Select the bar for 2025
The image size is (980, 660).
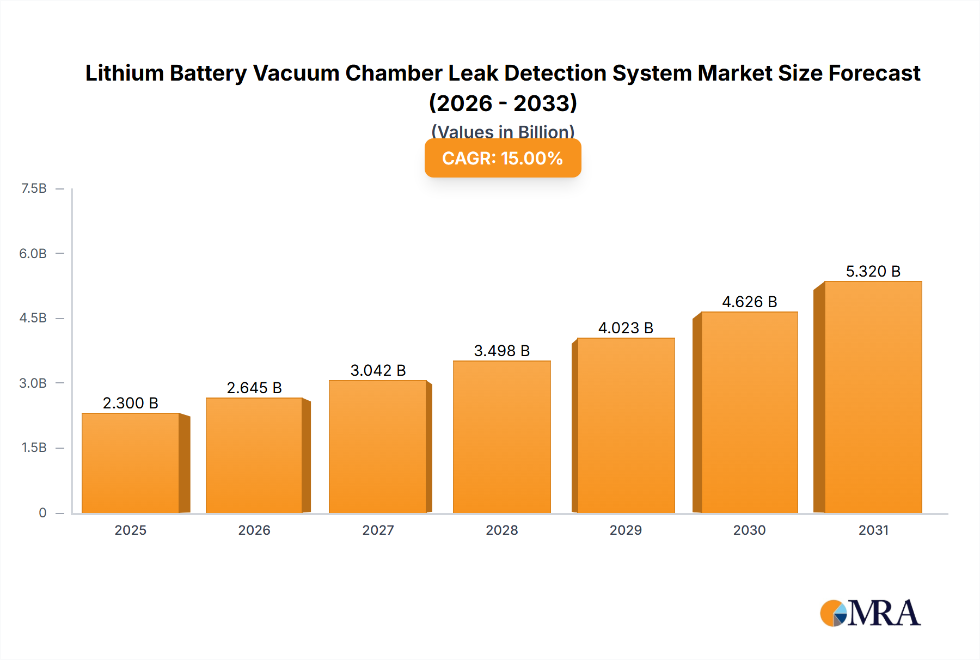point(131,463)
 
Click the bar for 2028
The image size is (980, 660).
point(502,437)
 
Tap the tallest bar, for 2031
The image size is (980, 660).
point(873,398)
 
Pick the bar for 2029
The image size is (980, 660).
point(626,425)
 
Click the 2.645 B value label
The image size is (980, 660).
point(254,388)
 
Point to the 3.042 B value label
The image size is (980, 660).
point(378,370)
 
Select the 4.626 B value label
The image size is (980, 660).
point(749,302)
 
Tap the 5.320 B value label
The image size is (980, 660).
point(873,271)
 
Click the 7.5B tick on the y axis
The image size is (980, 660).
point(34,188)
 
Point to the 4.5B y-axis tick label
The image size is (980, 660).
point(33,318)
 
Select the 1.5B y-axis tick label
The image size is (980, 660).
point(34,448)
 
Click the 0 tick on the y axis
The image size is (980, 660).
point(42,512)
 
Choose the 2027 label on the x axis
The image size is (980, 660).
point(378,530)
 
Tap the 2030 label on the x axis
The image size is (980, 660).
point(749,530)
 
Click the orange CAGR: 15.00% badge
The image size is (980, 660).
point(503,158)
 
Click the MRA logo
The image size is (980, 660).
point(870,613)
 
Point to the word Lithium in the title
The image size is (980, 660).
point(124,73)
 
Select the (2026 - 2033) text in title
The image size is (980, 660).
point(503,103)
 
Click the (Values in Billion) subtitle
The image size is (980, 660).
point(503,131)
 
